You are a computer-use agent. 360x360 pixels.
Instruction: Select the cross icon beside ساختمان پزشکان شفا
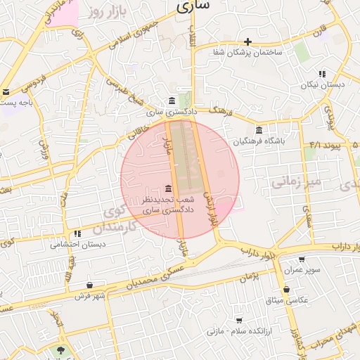247,41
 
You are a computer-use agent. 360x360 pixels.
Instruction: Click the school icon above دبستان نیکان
322,73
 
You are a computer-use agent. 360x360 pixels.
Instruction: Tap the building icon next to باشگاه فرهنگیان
259,131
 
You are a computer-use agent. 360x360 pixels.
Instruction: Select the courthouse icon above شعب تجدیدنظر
168,188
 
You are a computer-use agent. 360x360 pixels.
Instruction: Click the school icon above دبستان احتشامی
77,233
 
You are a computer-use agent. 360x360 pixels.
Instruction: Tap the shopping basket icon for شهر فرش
89,285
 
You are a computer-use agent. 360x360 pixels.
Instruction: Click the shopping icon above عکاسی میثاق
285,289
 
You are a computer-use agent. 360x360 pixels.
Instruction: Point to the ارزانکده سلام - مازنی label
238,330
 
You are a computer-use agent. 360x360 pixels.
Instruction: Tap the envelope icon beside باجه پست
6,91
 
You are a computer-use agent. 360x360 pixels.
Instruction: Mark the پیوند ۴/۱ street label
325,144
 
